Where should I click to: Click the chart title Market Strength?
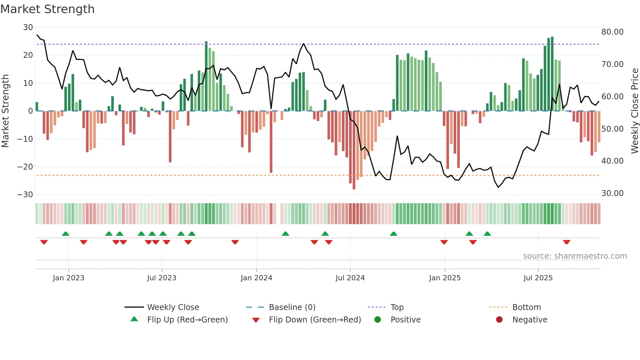tap(47, 9)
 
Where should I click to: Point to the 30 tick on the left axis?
tap(28, 27)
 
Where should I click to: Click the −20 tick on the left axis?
tap(25, 167)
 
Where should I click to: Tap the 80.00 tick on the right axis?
tap(612, 32)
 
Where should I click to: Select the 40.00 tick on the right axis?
tap(612, 161)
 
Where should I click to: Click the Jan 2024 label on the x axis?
tap(256, 278)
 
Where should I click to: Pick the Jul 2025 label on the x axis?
tap(538, 278)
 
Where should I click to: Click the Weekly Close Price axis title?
tap(634, 111)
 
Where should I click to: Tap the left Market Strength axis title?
tap(6, 111)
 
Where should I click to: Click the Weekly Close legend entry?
tap(173, 307)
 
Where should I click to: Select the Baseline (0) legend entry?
tap(292, 307)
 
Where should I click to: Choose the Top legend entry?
tap(397, 307)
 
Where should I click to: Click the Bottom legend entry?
tap(526, 307)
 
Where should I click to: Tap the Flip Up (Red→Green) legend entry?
tap(187, 320)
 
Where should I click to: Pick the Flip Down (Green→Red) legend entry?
tap(315, 320)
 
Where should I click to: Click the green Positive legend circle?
tap(378, 320)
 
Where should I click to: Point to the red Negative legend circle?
tap(499, 320)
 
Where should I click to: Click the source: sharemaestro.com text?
tap(575, 256)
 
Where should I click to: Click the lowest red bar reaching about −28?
tap(354, 150)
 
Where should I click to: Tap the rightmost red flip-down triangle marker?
tap(567, 242)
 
